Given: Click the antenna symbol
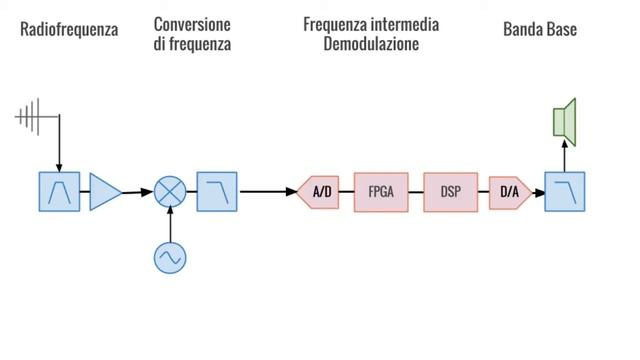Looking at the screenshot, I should [32, 117].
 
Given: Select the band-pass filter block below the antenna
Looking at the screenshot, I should [59, 191].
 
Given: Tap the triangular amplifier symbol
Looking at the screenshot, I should [104, 191].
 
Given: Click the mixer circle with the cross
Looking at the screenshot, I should [170, 191].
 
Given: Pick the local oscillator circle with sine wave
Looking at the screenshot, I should [170, 257].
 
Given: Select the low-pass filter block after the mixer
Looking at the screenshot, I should [216, 191].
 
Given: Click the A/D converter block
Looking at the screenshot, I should [319, 191].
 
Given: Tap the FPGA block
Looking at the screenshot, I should [381, 191].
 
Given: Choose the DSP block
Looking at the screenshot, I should [450, 191].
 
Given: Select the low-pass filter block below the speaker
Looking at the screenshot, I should [565, 191].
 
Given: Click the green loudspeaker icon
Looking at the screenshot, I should [565, 117].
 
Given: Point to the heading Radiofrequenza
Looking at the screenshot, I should [69, 30].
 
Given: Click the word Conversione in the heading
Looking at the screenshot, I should [192, 23].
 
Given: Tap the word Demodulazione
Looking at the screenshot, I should [371, 46].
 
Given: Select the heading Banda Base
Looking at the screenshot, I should [540, 30].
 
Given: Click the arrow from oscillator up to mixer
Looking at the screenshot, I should [170, 225].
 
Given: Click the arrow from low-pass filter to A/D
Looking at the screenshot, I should [268, 191].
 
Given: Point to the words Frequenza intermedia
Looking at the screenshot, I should [371, 23].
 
